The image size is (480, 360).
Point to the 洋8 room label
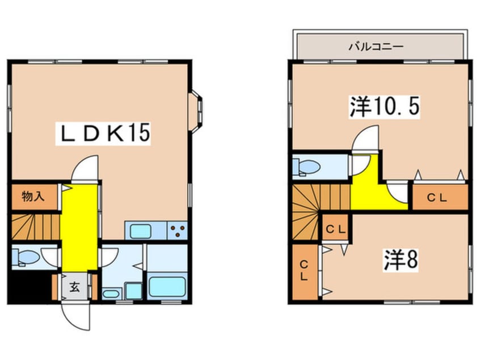point(401,260)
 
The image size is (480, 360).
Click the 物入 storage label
point(33,197)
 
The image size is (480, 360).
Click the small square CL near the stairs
point(335,229)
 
